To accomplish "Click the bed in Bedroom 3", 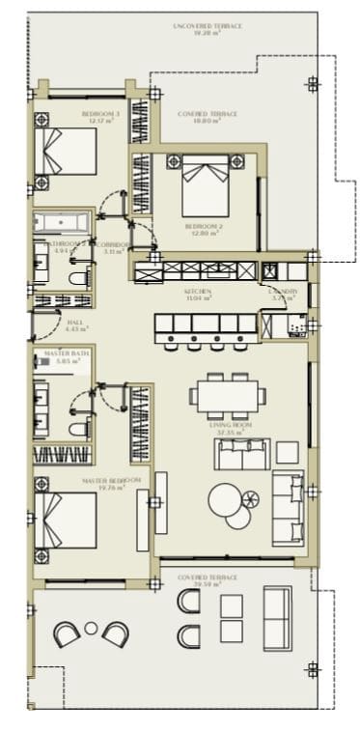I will coord(67,152).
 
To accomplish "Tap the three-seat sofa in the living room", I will coord(287,508).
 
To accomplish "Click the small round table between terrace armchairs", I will coord(91,628).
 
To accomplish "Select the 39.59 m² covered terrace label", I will coord(208,580).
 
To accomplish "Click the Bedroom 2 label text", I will coord(204,229).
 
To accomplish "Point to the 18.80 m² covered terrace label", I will coord(208,118).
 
